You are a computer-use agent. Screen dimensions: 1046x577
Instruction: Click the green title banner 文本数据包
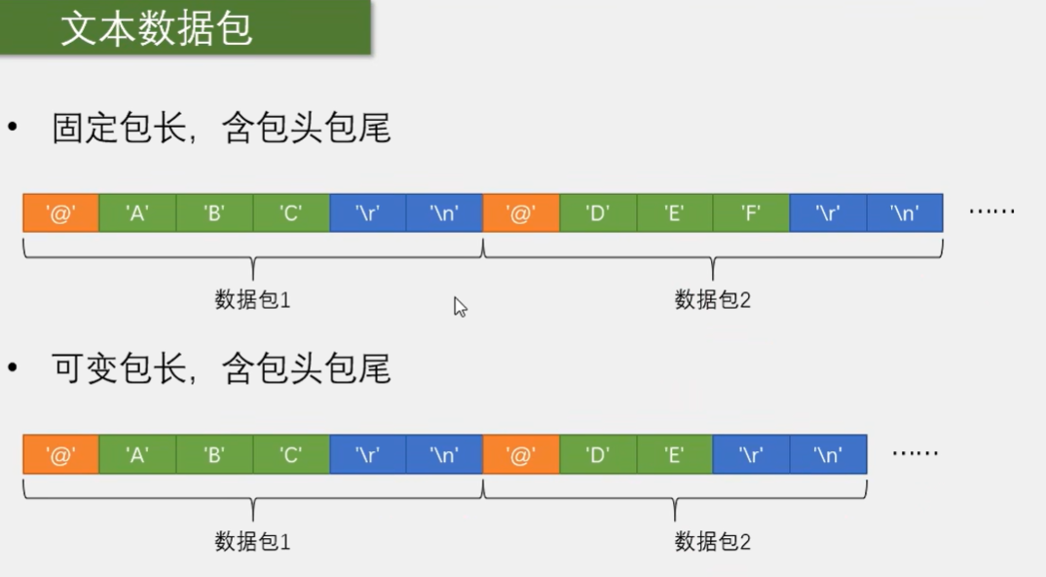[x=185, y=27]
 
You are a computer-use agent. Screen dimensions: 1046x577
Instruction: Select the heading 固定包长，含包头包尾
[x=222, y=129]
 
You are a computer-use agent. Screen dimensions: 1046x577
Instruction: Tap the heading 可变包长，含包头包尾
[x=222, y=369]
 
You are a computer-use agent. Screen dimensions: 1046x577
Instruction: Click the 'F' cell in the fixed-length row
[x=751, y=212]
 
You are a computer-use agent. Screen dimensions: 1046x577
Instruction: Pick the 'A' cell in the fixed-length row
[x=137, y=212]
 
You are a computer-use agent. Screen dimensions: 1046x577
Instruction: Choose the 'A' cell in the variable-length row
[x=137, y=454]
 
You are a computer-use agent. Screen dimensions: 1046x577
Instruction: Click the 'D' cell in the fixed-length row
[x=598, y=212]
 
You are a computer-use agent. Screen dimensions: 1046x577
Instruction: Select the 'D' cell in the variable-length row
[x=598, y=454]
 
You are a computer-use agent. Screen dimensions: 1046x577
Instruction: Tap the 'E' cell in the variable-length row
[x=675, y=454]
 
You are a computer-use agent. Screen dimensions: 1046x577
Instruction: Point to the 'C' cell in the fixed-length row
[x=291, y=212]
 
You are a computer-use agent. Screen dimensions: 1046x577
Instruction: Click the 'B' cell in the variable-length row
[x=214, y=454]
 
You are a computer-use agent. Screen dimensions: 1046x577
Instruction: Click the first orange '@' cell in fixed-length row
[x=60, y=212]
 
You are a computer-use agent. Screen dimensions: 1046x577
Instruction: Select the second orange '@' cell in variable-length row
[x=521, y=454]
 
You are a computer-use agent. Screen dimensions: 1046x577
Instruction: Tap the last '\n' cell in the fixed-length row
[x=905, y=212]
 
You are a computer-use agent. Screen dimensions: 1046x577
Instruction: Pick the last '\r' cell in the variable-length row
[x=751, y=454]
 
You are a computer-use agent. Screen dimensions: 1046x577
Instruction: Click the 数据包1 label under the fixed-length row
[x=253, y=300]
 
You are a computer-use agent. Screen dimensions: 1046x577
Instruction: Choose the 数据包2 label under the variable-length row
[x=713, y=542]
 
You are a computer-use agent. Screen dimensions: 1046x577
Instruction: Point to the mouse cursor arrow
[x=460, y=307]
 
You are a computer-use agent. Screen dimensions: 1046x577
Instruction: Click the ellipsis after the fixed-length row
[x=992, y=212]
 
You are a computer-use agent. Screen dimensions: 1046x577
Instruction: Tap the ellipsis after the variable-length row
[x=915, y=453]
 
